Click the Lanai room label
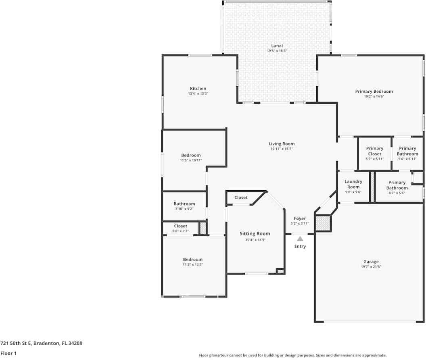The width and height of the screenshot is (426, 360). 277,46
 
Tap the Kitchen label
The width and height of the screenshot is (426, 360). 198,89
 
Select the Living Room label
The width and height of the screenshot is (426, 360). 282,144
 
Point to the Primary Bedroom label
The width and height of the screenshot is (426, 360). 374,92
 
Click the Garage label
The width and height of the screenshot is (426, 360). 371,262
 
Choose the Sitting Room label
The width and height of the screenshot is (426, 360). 255,234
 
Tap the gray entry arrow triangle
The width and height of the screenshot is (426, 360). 300,239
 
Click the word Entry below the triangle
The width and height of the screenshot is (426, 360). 300,246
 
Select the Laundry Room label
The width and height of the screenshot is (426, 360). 353,184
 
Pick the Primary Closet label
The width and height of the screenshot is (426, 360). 375,151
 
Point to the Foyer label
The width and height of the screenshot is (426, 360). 300,218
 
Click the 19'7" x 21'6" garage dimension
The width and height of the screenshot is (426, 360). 371,266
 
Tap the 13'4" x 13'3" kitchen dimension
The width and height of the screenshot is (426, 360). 198,94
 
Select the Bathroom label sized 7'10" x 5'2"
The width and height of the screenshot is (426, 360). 184,204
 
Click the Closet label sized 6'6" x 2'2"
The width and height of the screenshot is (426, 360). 181,226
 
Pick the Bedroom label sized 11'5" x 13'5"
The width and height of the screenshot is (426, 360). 192,260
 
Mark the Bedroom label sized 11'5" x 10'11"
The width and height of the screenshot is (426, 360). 191,155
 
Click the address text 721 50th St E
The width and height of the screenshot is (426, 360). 16,343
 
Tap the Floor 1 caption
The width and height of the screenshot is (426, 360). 8,353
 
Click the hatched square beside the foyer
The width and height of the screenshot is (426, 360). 323,223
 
